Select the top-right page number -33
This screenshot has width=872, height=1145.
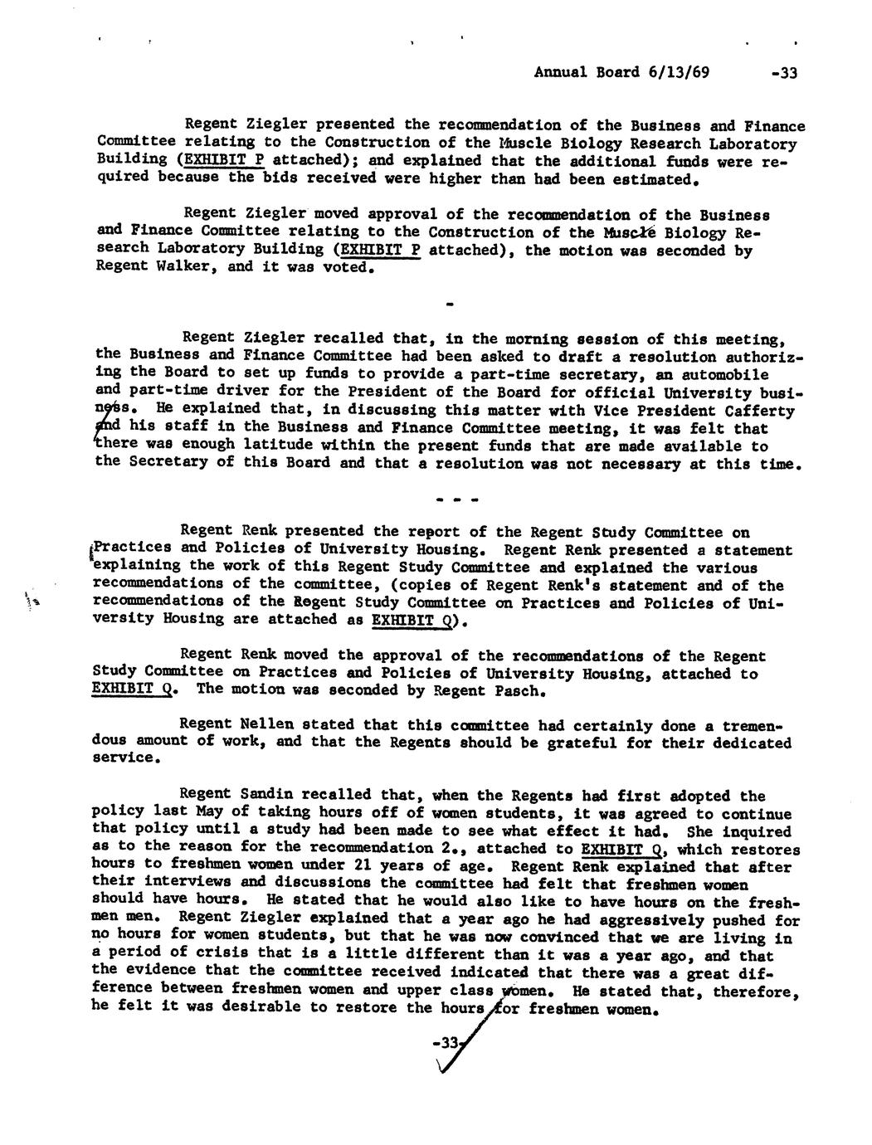pos(782,72)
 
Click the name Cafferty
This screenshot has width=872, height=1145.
pos(760,410)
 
